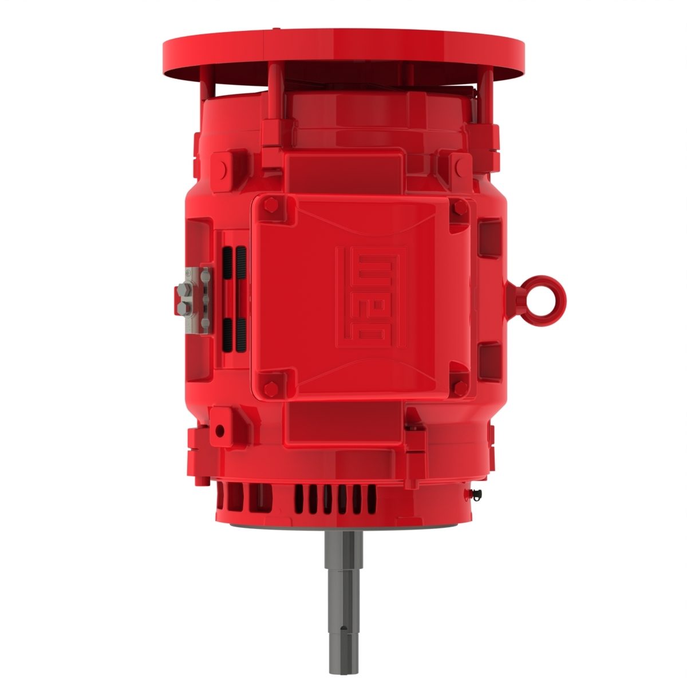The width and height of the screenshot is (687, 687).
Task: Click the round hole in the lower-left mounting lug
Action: click(220, 429)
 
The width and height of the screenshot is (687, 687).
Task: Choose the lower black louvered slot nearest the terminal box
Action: click(242, 335)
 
